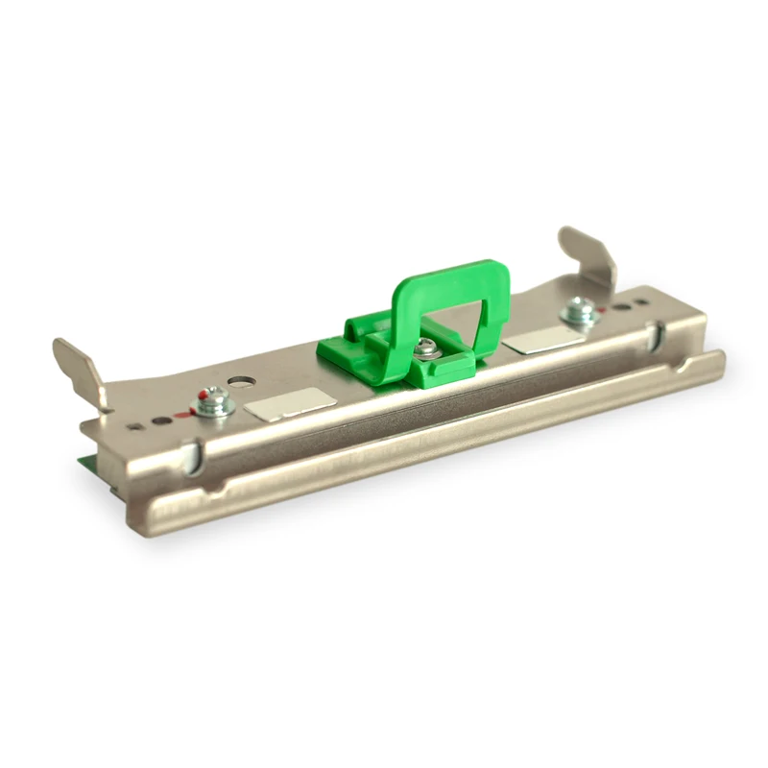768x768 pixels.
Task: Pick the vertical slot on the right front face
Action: [x=656, y=335]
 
